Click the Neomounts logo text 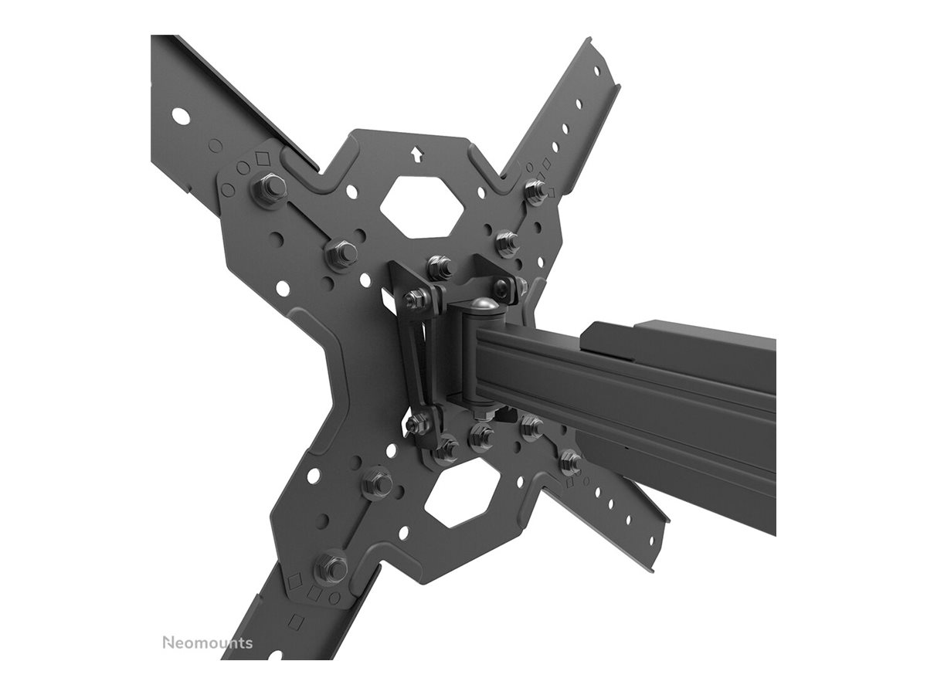tap(206, 642)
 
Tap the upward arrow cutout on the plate tap(417, 154)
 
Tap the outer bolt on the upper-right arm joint tap(535, 190)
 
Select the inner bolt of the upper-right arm tap(508, 242)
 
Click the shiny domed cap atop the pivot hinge tap(484, 306)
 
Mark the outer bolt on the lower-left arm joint tap(332, 568)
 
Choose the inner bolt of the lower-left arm tap(377, 483)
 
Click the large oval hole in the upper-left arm tap(180, 117)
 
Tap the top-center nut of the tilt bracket tap(440, 266)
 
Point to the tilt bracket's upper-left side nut tap(417, 298)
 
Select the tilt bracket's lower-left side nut tap(418, 422)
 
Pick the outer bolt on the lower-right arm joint tap(571, 462)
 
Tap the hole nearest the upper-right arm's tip tap(596, 69)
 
